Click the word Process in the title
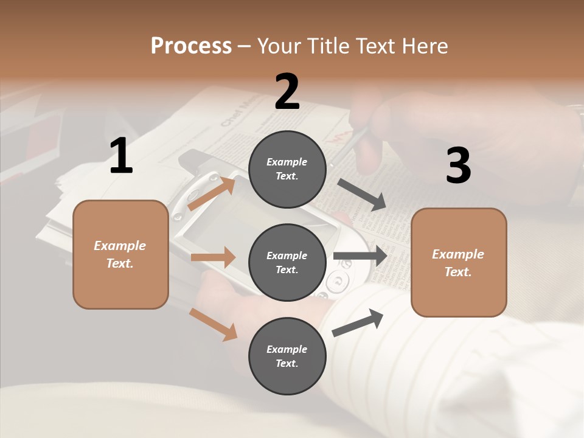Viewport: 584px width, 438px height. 191,46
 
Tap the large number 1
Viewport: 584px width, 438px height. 121,156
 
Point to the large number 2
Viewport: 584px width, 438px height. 287,91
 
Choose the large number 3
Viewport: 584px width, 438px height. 458,165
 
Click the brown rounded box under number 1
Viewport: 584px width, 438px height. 120,254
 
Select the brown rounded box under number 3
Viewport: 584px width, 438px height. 459,262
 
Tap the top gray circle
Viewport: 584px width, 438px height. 287,169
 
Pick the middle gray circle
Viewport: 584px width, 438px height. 287,262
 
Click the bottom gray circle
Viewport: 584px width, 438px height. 287,356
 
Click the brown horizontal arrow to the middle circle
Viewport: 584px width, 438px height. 213,257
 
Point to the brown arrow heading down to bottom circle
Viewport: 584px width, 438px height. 213,324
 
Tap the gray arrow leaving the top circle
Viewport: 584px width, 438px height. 362,195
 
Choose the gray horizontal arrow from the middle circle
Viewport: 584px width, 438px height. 360,255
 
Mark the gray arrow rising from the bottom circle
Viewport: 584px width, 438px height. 358,322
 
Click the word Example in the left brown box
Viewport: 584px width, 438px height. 120,246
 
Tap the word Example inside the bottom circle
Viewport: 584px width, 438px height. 287,349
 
